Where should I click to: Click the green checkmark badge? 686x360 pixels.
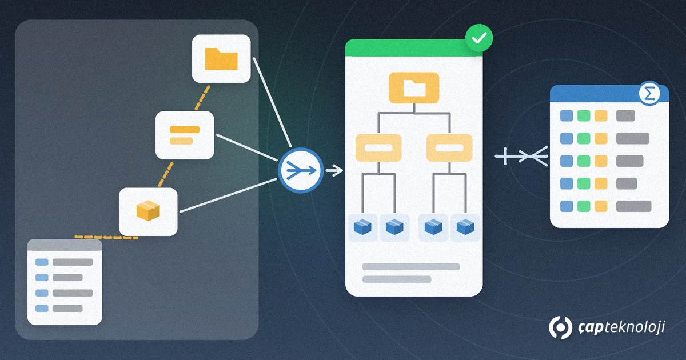(x=479, y=38)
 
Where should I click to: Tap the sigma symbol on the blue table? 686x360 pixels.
(x=649, y=93)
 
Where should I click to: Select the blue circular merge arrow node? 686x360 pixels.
(x=301, y=170)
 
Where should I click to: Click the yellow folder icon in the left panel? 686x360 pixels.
(x=221, y=59)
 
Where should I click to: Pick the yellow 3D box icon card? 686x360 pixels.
(x=148, y=211)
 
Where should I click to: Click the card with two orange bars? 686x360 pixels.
(x=185, y=135)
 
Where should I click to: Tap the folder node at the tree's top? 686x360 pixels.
(x=414, y=88)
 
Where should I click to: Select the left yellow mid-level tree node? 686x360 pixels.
(x=378, y=147)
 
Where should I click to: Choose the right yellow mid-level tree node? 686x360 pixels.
(x=449, y=147)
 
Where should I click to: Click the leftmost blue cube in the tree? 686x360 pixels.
(x=362, y=227)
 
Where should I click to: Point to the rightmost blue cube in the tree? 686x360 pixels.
(x=465, y=227)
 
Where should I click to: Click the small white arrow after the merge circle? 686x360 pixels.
(x=334, y=170)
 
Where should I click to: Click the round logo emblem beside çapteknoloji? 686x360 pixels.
(x=560, y=327)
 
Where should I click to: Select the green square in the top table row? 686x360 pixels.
(x=584, y=115)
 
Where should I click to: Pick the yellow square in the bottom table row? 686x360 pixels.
(x=601, y=206)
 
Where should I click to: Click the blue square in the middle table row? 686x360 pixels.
(x=567, y=161)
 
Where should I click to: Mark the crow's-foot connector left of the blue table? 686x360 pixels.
(x=521, y=157)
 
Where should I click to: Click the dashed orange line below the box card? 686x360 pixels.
(x=106, y=237)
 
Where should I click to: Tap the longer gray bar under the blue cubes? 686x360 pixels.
(x=411, y=267)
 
